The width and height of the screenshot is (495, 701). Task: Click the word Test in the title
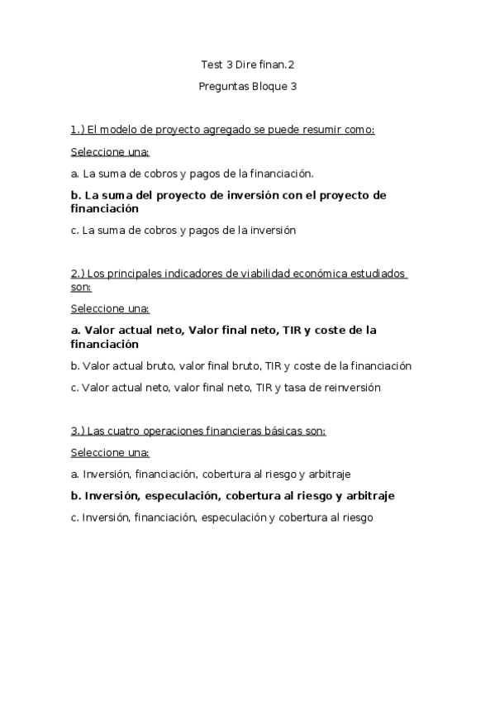point(212,64)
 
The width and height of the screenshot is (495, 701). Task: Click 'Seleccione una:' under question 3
point(110,453)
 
